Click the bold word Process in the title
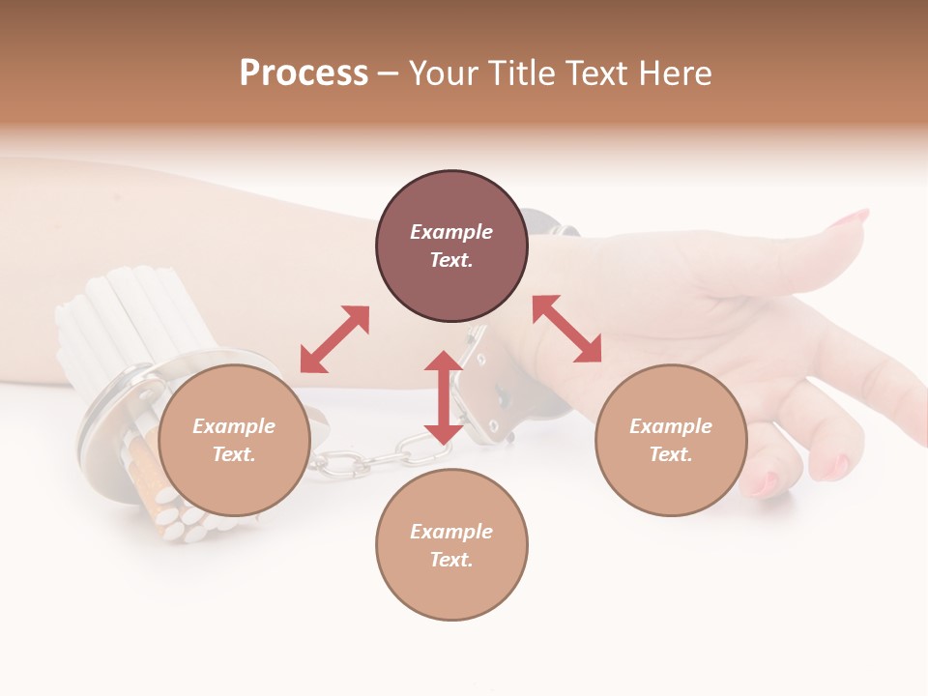pos(304,73)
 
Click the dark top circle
pos(451,246)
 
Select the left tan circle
pos(234,440)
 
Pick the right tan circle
pos(671,440)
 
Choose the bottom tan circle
pos(451,545)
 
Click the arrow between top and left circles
pos(334,339)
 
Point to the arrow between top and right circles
pos(566,329)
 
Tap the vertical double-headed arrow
pos(444,397)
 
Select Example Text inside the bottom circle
pos(451,545)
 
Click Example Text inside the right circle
pos(671,440)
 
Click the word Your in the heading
pos(441,73)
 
